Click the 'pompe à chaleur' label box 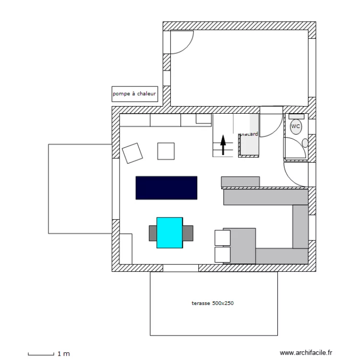pyautogui.click(x=134, y=94)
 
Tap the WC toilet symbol pyautogui.click(x=296, y=126)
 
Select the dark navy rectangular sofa pyautogui.click(x=167, y=188)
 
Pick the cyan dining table pyautogui.click(x=169, y=233)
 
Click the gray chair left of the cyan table pyautogui.click(x=153, y=233)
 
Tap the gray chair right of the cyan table pyautogui.click(x=188, y=233)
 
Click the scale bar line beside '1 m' pyautogui.click(x=40, y=355)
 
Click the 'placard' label pyautogui.click(x=249, y=134)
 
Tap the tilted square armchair pyautogui.click(x=133, y=153)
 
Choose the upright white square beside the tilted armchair pyautogui.click(x=166, y=151)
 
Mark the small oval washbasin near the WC pyautogui.click(x=305, y=143)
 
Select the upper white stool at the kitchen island pyautogui.click(x=222, y=237)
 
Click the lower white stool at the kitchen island pyautogui.click(x=222, y=254)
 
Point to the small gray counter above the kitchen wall pyautogui.click(x=240, y=181)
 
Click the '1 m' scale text pyautogui.click(x=63, y=354)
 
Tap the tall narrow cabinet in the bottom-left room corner pyautogui.click(x=126, y=249)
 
